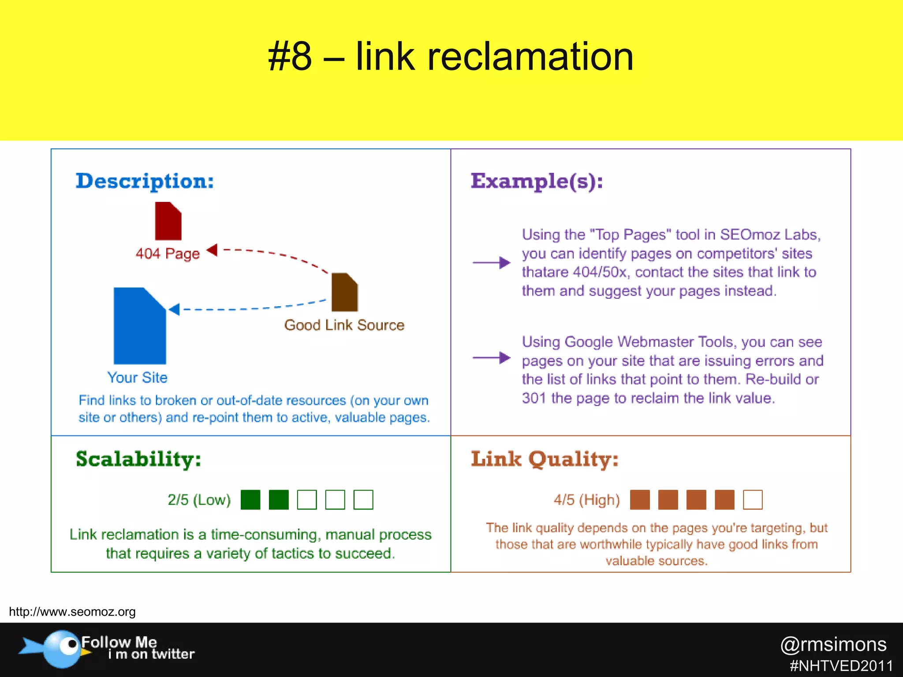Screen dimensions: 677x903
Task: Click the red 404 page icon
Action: (x=168, y=221)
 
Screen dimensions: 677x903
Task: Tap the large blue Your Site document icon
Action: (x=139, y=326)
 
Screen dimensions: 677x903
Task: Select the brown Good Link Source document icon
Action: (x=344, y=292)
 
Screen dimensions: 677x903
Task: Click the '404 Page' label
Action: (x=168, y=253)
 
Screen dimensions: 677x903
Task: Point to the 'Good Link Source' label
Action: (x=344, y=325)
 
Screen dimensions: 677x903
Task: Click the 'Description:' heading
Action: (x=145, y=181)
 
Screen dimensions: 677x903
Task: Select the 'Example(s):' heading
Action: (x=537, y=181)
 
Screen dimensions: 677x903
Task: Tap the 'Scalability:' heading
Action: (x=138, y=459)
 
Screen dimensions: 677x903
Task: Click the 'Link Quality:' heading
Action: (x=545, y=459)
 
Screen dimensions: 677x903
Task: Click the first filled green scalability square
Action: (x=250, y=500)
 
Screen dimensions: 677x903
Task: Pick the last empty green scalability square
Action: (x=363, y=500)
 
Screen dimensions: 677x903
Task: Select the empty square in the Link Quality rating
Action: (x=753, y=500)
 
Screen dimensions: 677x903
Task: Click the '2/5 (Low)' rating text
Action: (x=199, y=500)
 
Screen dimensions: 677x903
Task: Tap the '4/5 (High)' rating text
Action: (x=586, y=500)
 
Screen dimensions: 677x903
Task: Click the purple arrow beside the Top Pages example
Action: (x=491, y=263)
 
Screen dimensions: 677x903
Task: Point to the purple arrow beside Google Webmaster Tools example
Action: (x=491, y=357)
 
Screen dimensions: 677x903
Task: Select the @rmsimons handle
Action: (x=833, y=644)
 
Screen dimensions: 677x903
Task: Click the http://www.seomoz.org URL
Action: (x=72, y=612)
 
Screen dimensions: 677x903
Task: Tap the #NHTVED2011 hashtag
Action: (x=841, y=666)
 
